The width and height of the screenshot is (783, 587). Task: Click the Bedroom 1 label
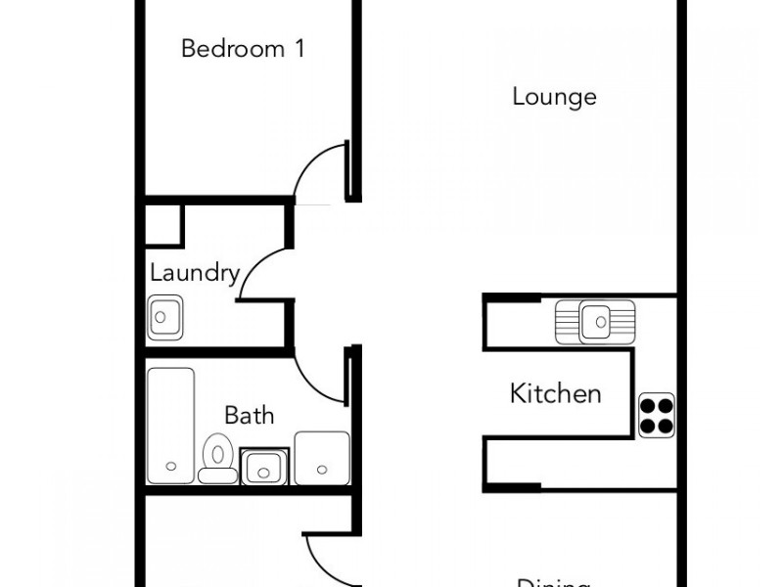(x=243, y=48)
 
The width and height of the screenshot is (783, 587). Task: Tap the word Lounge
(x=554, y=97)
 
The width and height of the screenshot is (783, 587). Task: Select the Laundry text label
(x=195, y=272)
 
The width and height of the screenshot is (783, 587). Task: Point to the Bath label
(x=249, y=415)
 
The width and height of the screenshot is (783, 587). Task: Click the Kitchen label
(x=555, y=394)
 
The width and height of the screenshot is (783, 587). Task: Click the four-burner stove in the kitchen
(x=656, y=415)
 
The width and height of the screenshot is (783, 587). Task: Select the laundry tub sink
(x=163, y=317)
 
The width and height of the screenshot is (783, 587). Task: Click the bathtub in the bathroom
(x=170, y=426)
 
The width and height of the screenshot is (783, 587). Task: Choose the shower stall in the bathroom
(x=321, y=457)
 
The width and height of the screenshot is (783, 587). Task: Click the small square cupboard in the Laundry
(x=163, y=224)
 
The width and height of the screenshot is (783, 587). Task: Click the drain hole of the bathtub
(x=171, y=466)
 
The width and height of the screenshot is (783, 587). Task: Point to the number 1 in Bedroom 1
(x=299, y=48)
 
